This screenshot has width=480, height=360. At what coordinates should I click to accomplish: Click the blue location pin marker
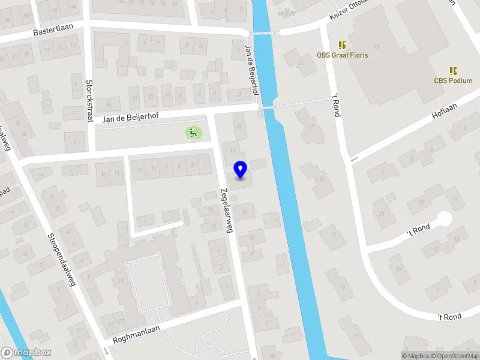coord(241,170)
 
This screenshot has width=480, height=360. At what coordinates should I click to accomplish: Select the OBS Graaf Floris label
coord(343,55)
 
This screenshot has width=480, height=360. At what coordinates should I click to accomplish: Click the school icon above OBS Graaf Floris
coord(343,45)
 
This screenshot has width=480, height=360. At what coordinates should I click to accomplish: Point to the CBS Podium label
coord(453,80)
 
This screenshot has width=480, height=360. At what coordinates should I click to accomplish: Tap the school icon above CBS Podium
coord(453,71)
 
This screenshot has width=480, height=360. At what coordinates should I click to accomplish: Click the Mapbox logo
coord(26,353)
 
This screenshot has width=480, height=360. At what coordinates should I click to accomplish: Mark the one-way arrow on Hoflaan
coord(355,159)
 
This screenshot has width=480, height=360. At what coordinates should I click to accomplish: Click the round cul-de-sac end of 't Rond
coord(445,219)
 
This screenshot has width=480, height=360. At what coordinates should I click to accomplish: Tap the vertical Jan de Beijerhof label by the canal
coord(253,70)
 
